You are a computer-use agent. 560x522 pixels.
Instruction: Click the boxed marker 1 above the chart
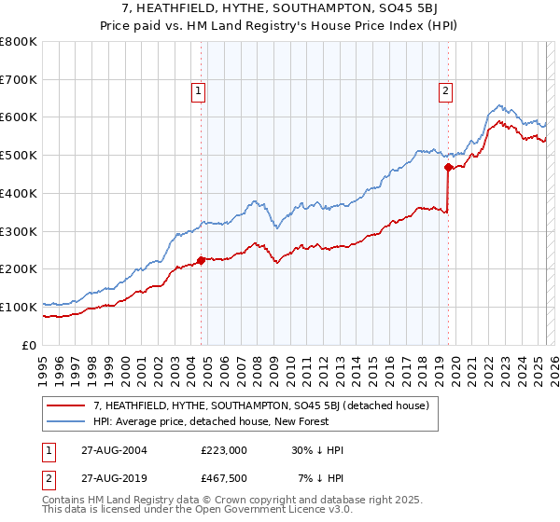200,90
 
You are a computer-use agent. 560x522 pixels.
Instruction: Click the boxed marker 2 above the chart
446,90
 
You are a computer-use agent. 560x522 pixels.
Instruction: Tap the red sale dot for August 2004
201,260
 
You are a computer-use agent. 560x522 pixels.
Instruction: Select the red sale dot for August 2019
448,168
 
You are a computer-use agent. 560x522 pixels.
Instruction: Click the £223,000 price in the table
224,450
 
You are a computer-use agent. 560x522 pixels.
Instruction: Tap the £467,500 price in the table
224,478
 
